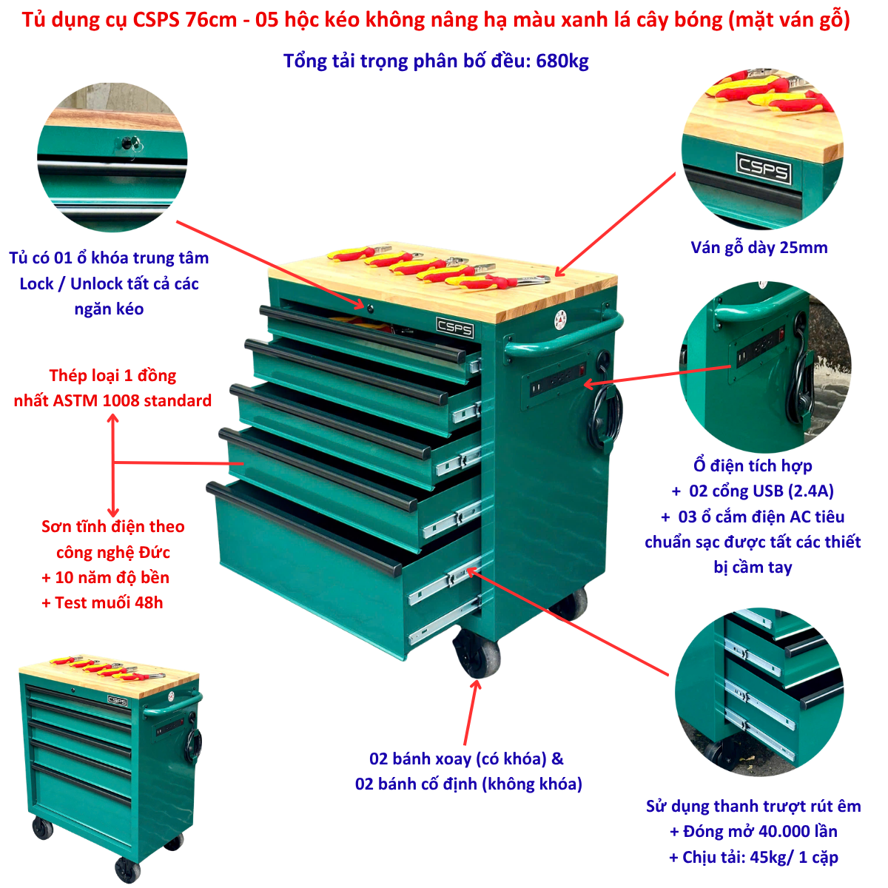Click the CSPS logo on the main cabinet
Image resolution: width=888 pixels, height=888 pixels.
click(x=454, y=328)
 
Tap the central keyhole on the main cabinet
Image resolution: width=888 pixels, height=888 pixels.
click(x=370, y=307)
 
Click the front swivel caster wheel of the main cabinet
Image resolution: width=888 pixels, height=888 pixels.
click(x=477, y=653)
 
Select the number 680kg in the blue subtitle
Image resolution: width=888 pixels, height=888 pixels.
click(x=562, y=61)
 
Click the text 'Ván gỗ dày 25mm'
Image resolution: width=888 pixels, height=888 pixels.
click(x=758, y=247)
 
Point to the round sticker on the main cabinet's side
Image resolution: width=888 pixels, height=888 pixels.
click(x=560, y=320)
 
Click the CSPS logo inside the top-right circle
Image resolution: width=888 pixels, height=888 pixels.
click(x=764, y=168)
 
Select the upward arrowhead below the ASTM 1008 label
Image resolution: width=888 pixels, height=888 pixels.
click(x=113, y=418)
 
